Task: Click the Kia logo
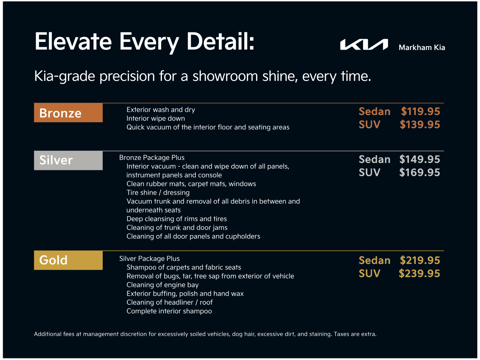click(364, 45)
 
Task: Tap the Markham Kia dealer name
click(422, 48)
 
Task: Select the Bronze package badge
click(68, 113)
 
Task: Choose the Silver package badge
click(68, 160)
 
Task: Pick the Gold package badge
click(68, 260)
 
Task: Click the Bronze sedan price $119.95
click(420, 112)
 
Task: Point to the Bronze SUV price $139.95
click(420, 125)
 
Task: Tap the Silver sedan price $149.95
click(420, 159)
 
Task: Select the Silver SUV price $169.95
click(420, 172)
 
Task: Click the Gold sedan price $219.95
click(420, 260)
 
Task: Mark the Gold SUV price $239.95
click(419, 273)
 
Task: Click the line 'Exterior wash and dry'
click(161, 110)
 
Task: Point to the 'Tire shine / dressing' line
click(158, 193)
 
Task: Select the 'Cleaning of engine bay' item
click(162, 285)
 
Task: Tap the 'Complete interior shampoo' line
click(169, 311)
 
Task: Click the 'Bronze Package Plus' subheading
click(152, 158)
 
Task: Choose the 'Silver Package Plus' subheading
click(149, 258)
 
